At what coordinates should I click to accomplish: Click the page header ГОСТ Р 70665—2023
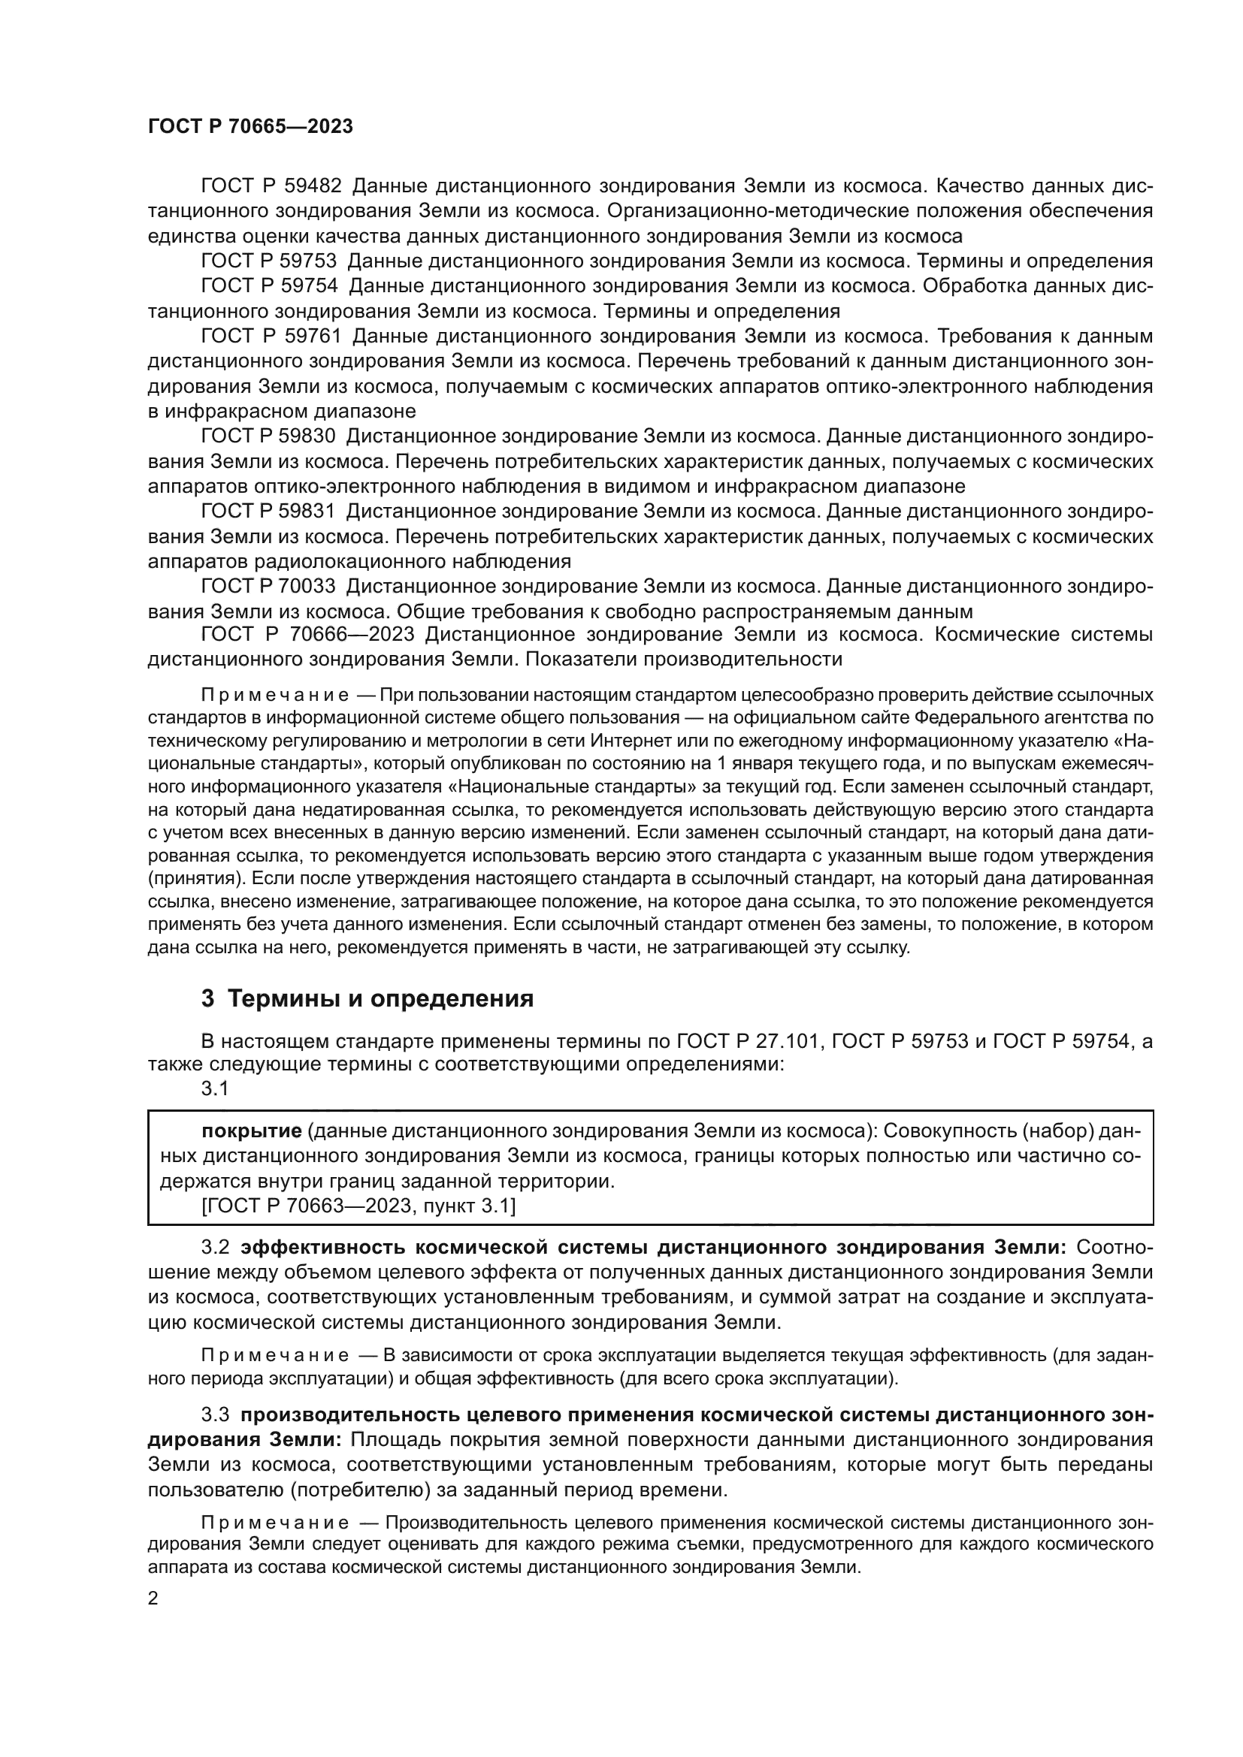pyautogui.click(x=250, y=127)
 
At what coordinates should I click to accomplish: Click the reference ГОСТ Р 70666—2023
pyautogui.click(x=307, y=635)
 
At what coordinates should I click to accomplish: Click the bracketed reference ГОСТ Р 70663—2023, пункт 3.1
pyautogui.click(x=358, y=1207)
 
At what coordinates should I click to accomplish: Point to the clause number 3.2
pyautogui.click(x=215, y=1248)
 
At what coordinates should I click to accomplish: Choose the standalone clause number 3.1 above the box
pyautogui.click(x=215, y=1089)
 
